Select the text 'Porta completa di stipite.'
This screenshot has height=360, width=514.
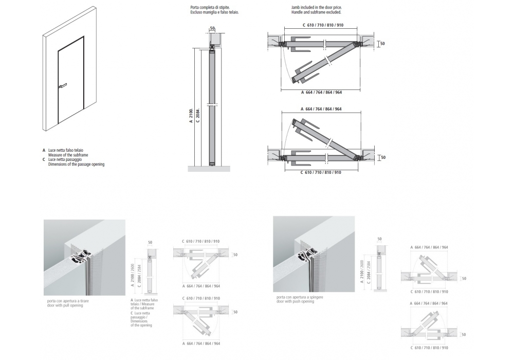click(x=202, y=7)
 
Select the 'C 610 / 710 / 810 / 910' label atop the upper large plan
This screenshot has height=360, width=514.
click(x=323, y=25)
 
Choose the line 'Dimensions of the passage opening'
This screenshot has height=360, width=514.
click(x=76, y=165)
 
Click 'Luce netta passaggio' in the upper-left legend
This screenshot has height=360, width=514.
click(x=66, y=160)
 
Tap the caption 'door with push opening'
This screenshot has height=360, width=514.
click(x=295, y=301)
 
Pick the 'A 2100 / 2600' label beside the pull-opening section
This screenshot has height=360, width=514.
click(x=133, y=276)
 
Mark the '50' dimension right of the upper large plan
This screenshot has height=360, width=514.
click(x=382, y=44)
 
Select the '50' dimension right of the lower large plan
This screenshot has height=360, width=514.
click(x=382, y=157)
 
